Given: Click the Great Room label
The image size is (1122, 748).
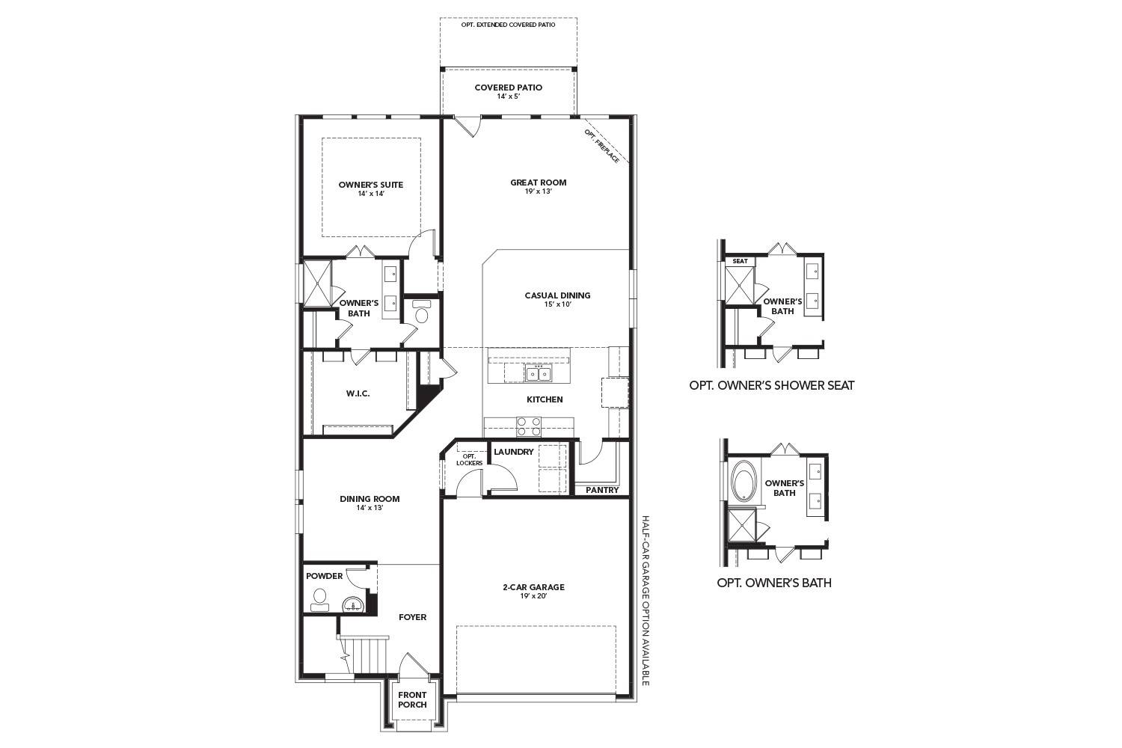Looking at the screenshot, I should tap(538, 183).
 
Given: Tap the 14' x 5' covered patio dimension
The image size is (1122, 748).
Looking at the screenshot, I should tap(508, 97).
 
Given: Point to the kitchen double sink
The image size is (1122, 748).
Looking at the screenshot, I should tap(537, 373).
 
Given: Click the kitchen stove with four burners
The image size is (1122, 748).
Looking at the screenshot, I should tap(530, 426).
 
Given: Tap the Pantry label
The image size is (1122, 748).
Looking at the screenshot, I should tap(602, 491).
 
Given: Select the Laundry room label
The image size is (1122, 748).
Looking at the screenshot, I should tap(514, 452).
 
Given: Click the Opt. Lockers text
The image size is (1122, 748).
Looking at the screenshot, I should tap(470, 459).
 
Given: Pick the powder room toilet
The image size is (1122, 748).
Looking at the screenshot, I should tap(320, 598).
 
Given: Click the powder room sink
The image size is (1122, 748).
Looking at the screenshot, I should tap(351, 604).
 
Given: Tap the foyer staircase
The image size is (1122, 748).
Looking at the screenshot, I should tap(364, 654).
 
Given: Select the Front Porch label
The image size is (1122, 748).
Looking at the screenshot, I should tap(412, 699).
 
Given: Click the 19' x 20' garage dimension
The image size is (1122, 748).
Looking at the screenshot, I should tap(533, 596).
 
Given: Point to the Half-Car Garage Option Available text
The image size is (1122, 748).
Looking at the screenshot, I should tap(646, 600).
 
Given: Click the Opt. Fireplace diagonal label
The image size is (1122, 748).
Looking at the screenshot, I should tap(602, 146).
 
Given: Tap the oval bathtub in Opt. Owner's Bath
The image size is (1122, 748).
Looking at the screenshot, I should tap(744, 482).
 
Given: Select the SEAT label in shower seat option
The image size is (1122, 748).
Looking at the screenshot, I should tap(740, 261).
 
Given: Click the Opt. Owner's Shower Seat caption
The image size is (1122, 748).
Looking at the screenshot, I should tap(771, 386).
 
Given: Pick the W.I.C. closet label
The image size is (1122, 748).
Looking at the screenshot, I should tap(358, 393).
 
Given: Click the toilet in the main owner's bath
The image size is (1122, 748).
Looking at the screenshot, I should tap(421, 313).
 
